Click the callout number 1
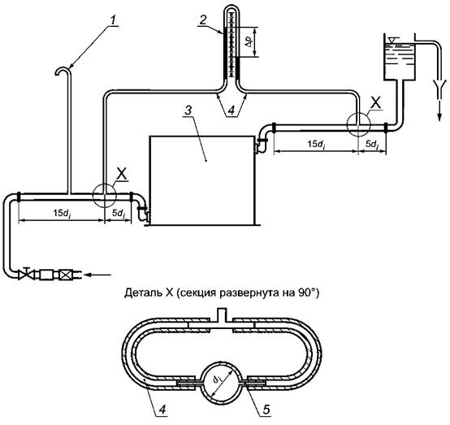click(x=114, y=20)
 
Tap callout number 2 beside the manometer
click(x=203, y=20)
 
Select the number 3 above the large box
click(x=188, y=111)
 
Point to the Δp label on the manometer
click(x=250, y=42)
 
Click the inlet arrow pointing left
click(x=97, y=275)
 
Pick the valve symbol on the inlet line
click(x=26, y=274)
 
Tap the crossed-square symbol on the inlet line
click(x=64, y=275)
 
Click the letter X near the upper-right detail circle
click(x=375, y=104)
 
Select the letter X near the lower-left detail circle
click(x=122, y=175)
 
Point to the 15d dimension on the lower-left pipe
click(x=62, y=214)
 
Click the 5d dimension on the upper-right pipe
click(x=372, y=145)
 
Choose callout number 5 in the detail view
click(x=266, y=410)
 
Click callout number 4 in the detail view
click(x=162, y=410)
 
